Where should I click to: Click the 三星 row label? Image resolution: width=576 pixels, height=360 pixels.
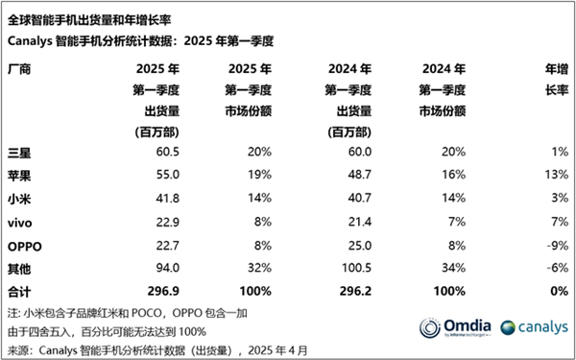20,153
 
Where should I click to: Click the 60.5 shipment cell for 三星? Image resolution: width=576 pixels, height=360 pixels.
159,153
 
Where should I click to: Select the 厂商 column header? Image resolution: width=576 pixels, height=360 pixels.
20,69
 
